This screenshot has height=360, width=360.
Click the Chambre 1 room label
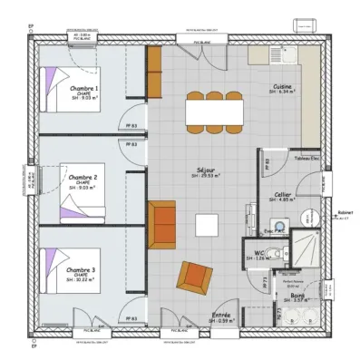(83, 88)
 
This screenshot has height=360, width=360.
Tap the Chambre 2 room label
(83, 178)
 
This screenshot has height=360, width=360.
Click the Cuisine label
(283, 87)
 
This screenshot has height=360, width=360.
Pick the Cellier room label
(282, 194)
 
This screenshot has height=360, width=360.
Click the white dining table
(214, 112)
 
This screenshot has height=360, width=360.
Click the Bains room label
(297, 295)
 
